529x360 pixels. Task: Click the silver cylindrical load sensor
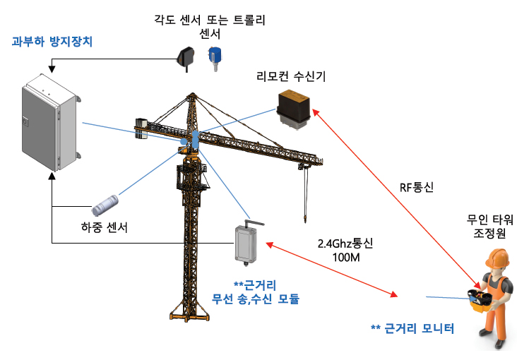tap(109, 205)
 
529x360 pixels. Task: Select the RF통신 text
tap(417, 188)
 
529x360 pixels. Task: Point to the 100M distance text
tap(346, 258)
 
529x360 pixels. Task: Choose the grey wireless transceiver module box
tap(250, 242)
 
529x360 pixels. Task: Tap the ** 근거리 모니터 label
tap(412, 329)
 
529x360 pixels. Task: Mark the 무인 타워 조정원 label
tap(487, 227)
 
